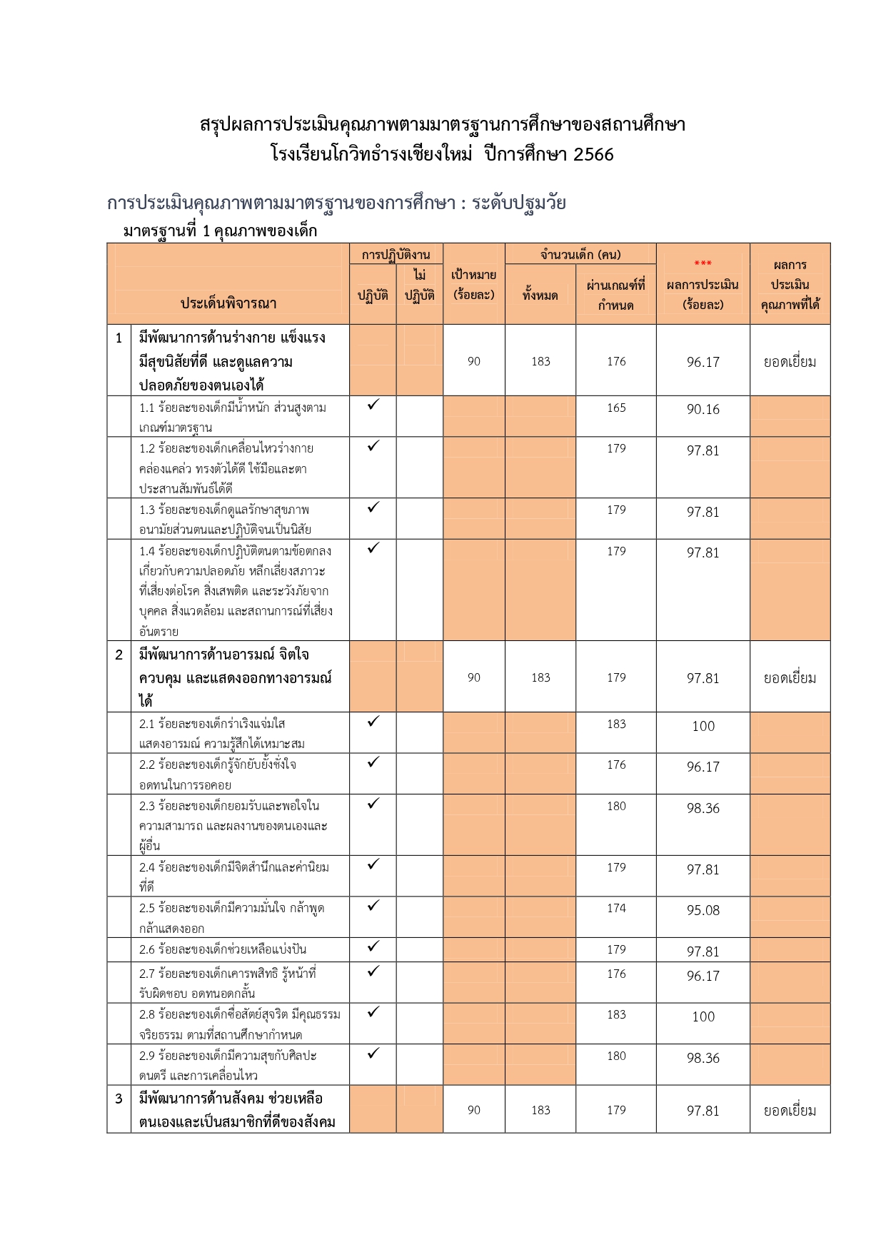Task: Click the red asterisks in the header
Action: pos(703,264)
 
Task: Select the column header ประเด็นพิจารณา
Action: pos(228,303)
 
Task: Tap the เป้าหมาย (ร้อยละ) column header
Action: pos(474,284)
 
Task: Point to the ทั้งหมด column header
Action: pos(540,295)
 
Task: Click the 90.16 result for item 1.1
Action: pos(703,410)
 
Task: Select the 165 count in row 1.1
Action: pos(616,408)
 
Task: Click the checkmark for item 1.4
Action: pos(373,548)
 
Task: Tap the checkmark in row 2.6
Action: pos(373,946)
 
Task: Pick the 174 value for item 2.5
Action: pos(616,909)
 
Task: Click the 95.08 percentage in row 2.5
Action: pos(703,911)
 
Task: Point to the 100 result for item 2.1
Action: pos(703,727)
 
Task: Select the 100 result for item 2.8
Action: pos(703,1017)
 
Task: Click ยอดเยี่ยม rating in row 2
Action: pos(790,678)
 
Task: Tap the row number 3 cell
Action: pos(119,1099)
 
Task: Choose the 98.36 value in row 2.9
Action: pos(703,1059)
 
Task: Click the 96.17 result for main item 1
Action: pos(703,363)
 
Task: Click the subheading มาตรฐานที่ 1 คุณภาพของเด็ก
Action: pos(220,231)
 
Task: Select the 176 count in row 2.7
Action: pos(616,974)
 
